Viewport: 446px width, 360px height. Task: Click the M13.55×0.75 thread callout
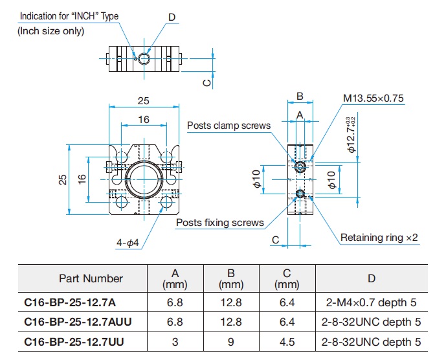tap(374, 98)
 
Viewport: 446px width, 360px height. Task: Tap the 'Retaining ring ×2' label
tap(379, 238)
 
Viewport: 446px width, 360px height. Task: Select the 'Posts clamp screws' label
tap(229, 126)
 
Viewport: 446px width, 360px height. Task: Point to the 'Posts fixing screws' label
tap(220, 223)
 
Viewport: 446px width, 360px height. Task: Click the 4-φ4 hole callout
tap(128, 243)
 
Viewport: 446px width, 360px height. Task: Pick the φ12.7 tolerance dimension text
tap(351, 135)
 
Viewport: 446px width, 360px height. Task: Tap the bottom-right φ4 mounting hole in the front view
tap(166, 202)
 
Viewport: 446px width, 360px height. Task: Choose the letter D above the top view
tap(172, 17)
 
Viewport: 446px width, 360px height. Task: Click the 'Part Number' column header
tap(91, 278)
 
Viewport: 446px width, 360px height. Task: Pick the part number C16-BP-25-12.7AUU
tap(78, 322)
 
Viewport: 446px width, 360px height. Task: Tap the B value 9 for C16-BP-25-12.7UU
tap(231, 342)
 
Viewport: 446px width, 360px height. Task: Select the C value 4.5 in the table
tap(287, 342)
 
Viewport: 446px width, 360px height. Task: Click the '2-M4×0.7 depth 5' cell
tap(371, 302)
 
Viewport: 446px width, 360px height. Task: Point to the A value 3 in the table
tap(175, 342)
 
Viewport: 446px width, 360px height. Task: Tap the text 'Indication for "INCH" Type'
tap(69, 16)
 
